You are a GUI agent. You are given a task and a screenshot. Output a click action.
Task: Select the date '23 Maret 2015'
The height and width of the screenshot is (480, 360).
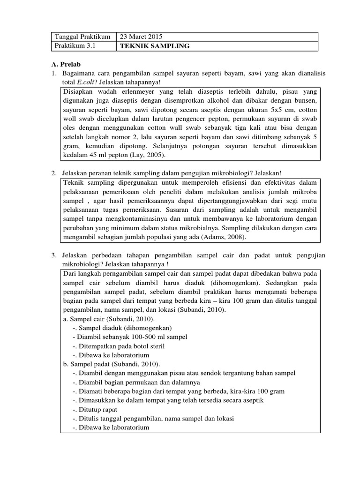pyautogui.click(x=142, y=37)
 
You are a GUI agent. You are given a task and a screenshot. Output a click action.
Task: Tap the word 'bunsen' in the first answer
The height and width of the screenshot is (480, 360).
pyautogui.click(x=306, y=101)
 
